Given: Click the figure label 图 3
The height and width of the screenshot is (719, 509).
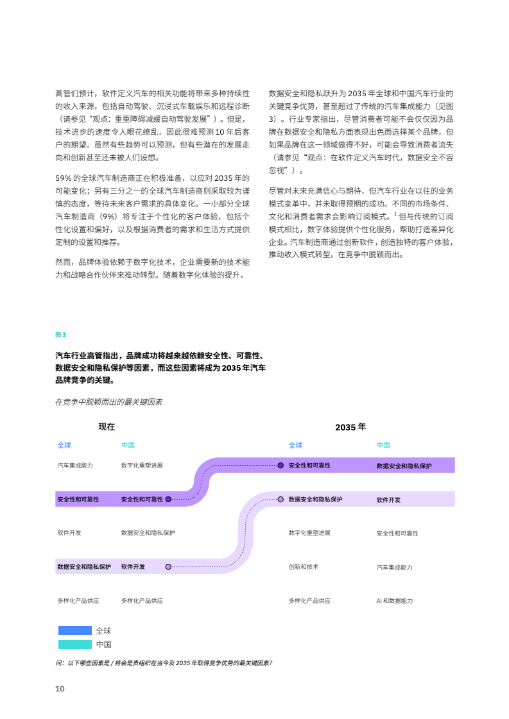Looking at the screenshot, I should tap(60, 334).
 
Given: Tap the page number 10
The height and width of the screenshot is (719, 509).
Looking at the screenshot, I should tap(60, 688).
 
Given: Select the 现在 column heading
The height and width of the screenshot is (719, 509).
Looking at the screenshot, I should tap(107, 426).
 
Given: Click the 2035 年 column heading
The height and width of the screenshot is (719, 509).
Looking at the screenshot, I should tap(350, 427).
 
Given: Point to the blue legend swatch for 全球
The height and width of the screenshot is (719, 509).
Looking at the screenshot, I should tap(75, 630).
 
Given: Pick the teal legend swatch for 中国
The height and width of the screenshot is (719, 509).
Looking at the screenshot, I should tap(75, 644).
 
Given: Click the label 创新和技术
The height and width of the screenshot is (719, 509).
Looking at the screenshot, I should tap(303, 567).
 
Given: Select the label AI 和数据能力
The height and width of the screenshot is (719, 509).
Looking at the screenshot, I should tap(394, 601).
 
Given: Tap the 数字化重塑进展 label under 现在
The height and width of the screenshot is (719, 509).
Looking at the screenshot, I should tap(142, 465).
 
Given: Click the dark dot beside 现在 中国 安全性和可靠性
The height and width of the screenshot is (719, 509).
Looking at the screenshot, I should tap(168, 499).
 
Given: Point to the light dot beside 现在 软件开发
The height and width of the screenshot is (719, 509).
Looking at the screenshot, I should tap(168, 567).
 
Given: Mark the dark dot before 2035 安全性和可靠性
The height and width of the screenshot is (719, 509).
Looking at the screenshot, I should tap(280, 465).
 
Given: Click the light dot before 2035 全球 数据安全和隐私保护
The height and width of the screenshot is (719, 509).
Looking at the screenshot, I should tap(280, 499).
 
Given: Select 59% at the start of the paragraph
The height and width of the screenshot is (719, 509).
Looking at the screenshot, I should tap(64, 178).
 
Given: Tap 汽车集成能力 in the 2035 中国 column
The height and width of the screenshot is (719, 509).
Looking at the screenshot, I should tap(394, 567).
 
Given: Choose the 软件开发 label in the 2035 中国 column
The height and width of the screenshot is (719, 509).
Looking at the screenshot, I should tap(388, 500).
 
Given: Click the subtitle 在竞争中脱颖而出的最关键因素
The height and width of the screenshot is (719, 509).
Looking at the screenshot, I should tap(108, 402).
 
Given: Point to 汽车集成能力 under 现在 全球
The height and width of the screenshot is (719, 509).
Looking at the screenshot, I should tap(75, 465).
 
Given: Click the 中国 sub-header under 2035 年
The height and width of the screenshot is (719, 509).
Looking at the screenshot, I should tap(383, 445).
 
